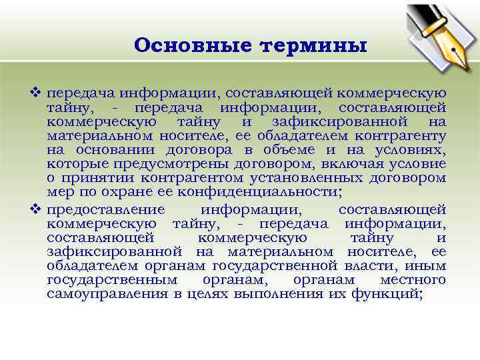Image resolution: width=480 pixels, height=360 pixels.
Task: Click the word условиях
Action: click(411, 150)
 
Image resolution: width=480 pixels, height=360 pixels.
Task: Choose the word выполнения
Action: click(253, 294)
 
